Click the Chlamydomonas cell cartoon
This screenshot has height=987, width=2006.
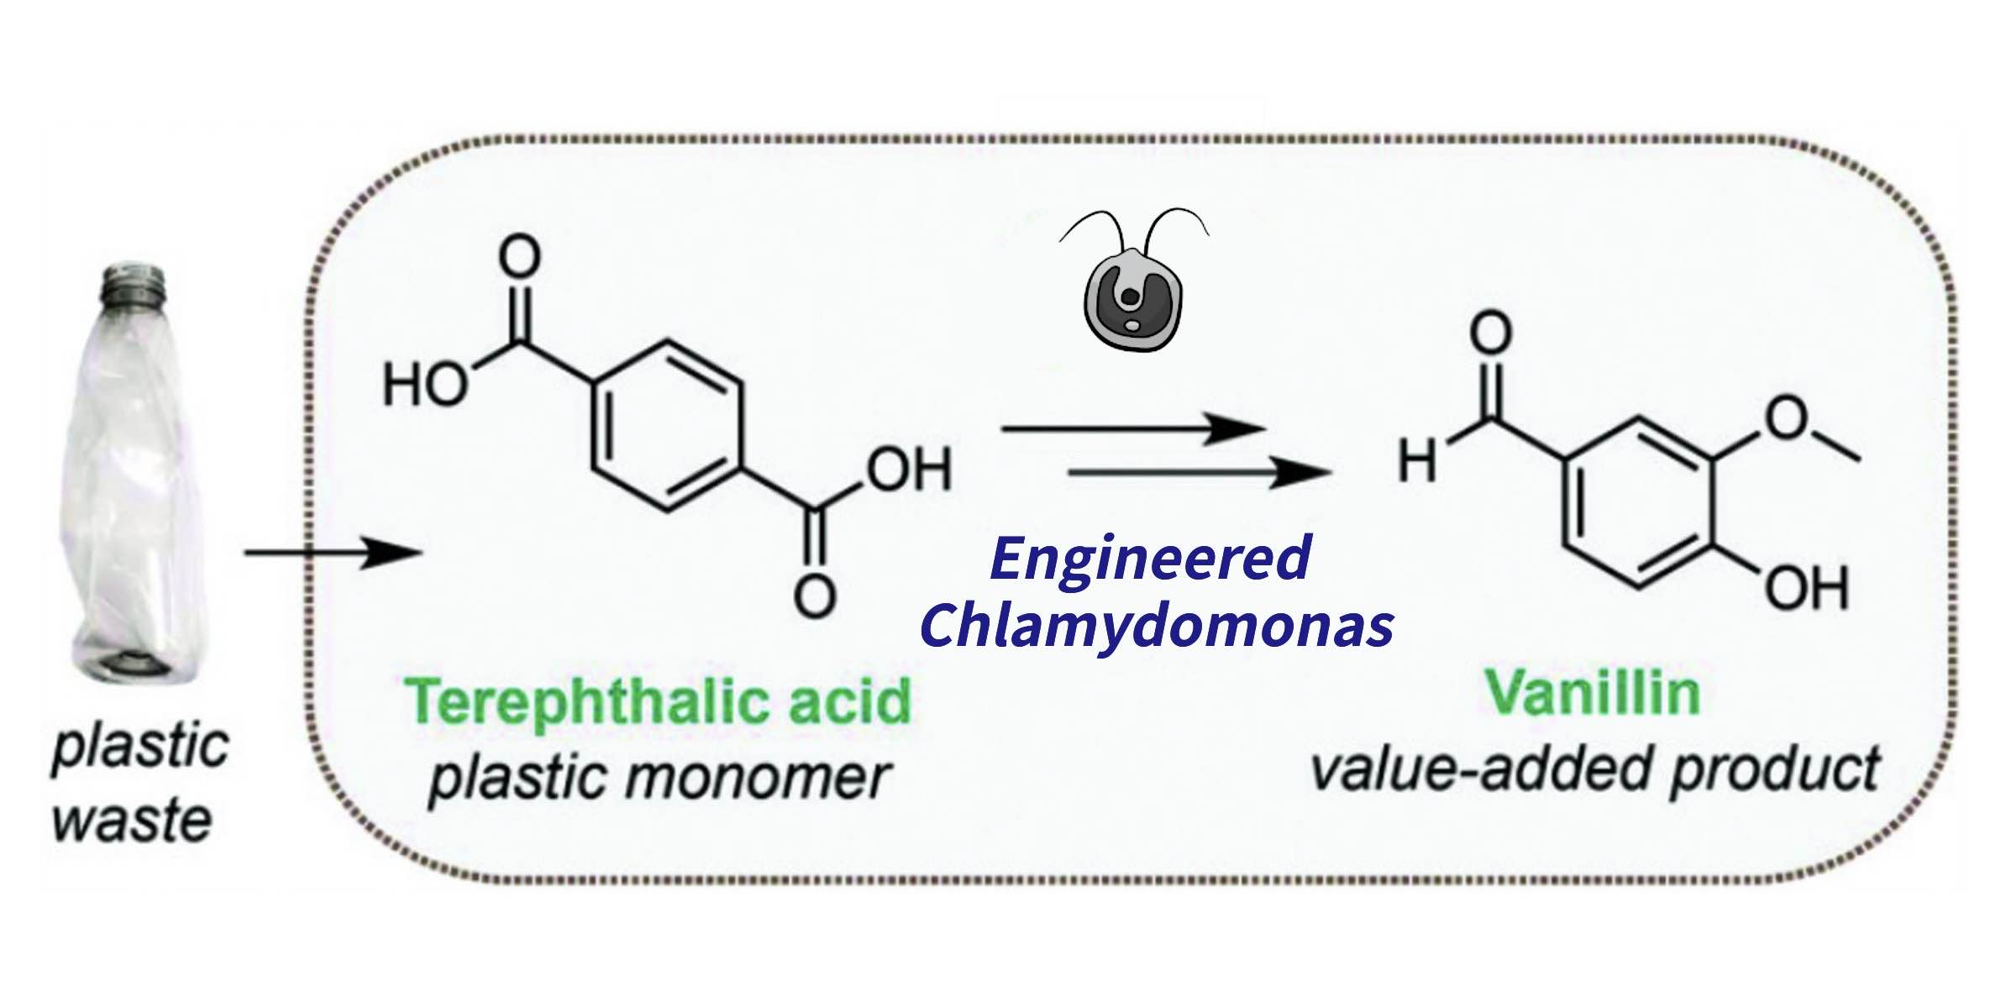click(1133, 298)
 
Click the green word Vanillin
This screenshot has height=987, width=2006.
click(1593, 693)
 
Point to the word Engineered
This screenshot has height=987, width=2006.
click(1150, 559)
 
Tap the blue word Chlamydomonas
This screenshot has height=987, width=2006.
click(1158, 625)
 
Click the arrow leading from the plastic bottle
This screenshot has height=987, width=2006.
click(332, 554)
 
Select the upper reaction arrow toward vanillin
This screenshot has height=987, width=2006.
click(1133, 429)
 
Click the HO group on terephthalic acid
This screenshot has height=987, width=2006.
click(424, 386)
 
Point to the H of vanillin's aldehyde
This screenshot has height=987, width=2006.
click(1417, 461)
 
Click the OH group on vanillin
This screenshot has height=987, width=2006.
click(1807, 588)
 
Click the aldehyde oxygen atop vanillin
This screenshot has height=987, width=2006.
click(1490, 333)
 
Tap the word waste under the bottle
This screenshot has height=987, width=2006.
click(132, 821)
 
